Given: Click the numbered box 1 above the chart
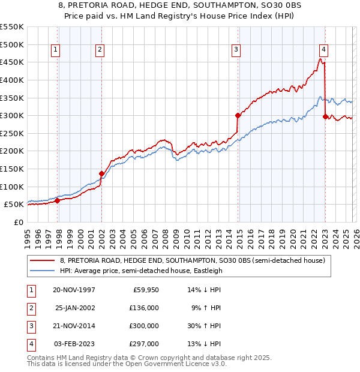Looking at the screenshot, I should point(55,50).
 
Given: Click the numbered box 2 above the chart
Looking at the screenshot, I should point(100,50).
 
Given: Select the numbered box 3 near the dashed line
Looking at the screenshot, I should point(236,50).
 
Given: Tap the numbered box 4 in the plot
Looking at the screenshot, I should point(323,50).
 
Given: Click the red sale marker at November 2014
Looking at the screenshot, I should point(238,115).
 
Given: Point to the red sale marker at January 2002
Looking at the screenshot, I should point(101,173).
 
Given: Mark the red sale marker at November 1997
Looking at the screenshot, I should point(58,200).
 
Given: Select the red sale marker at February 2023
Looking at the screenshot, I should point(325,116).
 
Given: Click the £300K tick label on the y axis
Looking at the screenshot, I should point(12,115).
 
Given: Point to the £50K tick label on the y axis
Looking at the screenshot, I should point(14,205).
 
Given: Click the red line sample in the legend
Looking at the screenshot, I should point(43,260).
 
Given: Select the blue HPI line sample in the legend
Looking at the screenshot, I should point(43,271).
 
